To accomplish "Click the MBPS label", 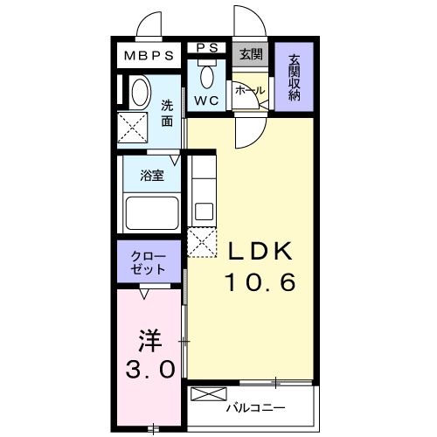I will click(149, 56).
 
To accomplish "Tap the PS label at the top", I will click(206, 47).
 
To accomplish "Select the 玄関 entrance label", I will click(251, 54).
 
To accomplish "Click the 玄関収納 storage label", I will click(295, 78).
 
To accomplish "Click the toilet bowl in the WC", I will click(207, 76).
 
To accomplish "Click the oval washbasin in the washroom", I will click(138, 93).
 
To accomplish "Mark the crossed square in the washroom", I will click(135, 130).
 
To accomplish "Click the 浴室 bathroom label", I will click(152, 176).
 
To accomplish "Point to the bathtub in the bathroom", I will click(151, 213).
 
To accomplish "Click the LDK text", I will click(260, 252).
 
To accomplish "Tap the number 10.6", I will click(259, 282).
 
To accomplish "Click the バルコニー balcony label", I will click(254, 406).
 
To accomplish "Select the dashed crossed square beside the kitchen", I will click(203, 240).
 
